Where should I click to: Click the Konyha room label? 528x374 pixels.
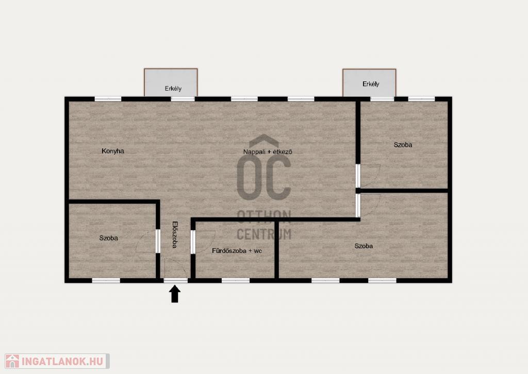[x=113, y=151]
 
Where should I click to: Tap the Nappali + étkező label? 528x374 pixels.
[x=268, y=151]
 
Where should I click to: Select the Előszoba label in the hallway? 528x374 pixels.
[x=175, y=234]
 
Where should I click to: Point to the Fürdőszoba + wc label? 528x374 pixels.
[x=237, y=251]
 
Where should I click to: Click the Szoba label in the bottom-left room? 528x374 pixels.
[x=108, y=238]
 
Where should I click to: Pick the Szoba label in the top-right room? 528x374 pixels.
[x=403, y=145]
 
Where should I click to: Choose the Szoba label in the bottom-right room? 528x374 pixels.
[x=364, y=246]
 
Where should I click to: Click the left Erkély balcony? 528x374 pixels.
[x=171, y=83]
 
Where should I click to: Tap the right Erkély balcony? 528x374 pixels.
[x=369, y=83]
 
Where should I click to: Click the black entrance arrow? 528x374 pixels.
[x=174, y=294]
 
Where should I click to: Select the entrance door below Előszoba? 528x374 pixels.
[x=175, y=269]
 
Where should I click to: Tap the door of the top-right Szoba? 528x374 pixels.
[x=368, y=176]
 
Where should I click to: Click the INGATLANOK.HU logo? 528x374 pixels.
[x=57, y=361]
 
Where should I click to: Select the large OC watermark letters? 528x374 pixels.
[x=264, y=177]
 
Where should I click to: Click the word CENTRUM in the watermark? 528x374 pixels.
[x=265, y=234]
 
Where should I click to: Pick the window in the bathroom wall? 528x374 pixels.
[x=236, y=280]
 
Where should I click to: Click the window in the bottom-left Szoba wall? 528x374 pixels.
[x=106, y=280]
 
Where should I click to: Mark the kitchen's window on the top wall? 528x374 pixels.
[x=108, y=99]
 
